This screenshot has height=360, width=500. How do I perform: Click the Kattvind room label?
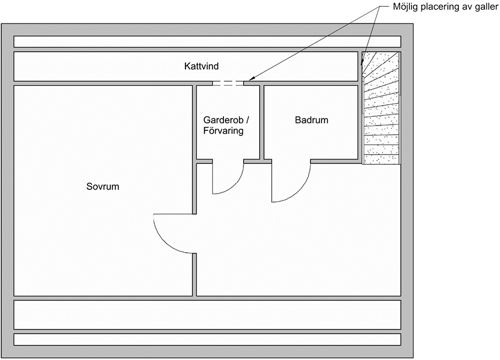[x=202, y=66]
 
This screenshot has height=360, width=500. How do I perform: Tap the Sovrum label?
[x=103, y=187]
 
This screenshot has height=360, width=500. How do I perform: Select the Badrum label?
[x=311, y=120]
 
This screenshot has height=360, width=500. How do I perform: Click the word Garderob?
[x=223, y=120]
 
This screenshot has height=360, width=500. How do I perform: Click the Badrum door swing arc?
[x=300, y=191]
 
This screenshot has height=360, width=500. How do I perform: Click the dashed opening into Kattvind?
[x=228, y=83]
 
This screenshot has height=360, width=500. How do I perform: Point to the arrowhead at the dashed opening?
[x=251, y=79]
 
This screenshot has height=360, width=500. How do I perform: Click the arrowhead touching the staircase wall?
[x=362, y=61]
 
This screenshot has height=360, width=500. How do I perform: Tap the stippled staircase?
[x=382, y=108]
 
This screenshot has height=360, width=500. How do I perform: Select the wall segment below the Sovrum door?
[x=194, y=275]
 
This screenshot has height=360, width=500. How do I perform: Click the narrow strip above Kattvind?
[x=207, y=42]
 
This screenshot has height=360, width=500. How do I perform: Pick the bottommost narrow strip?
[x=207, y=340]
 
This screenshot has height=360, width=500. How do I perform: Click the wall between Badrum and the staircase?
[x=360, y=108]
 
